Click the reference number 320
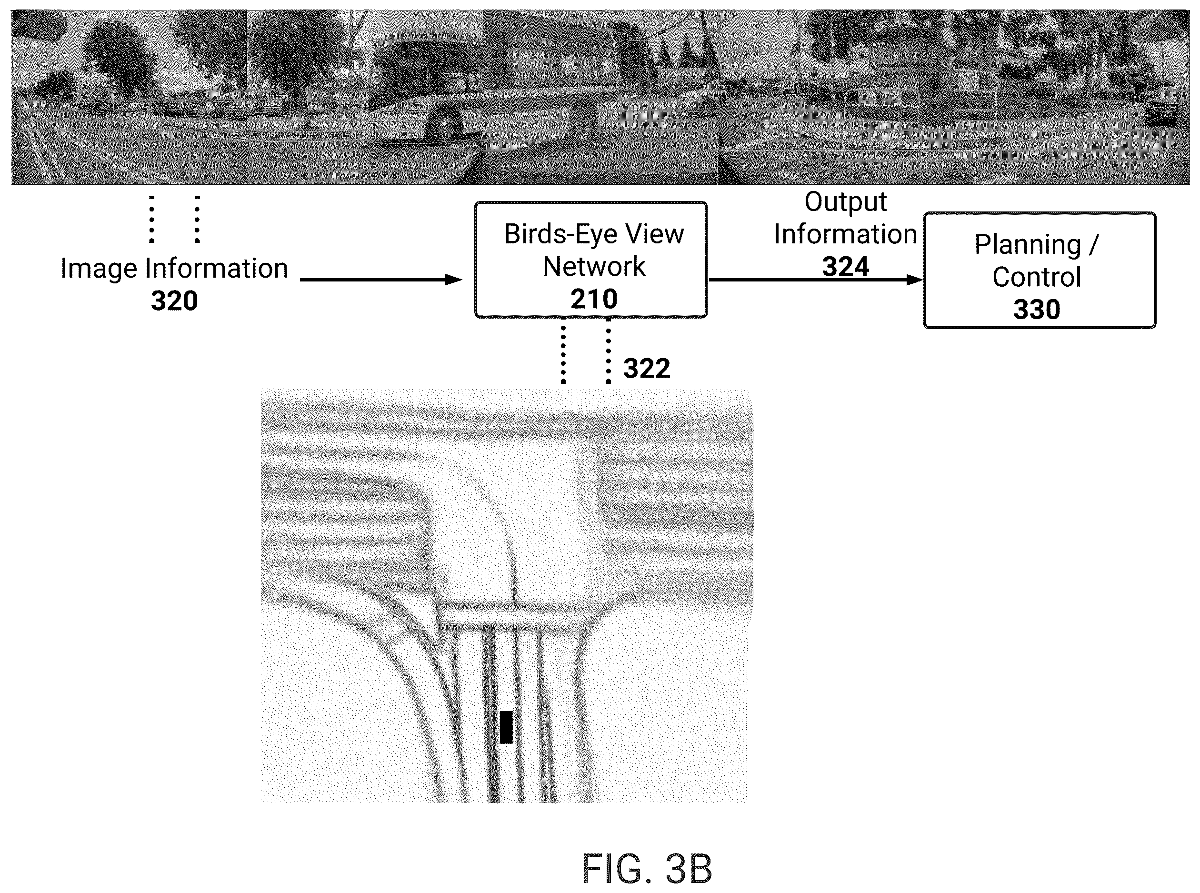tap(174, 301)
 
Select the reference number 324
tap(845, 267)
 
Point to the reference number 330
tap(1037, 310)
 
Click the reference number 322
tap(647, 369)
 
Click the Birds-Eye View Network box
tap(591, 260)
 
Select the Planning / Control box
tap(1040, 270)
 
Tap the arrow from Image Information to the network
tap(381, 280)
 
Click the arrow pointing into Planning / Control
tap(816, 280)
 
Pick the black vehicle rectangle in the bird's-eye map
tap(506, 727)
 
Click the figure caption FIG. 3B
tap(647, 869)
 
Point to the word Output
tap(845, 202)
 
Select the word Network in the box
tap(594, 266)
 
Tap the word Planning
tap(1027, 245)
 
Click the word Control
tap(1037, 277)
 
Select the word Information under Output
tap(845, 234)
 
